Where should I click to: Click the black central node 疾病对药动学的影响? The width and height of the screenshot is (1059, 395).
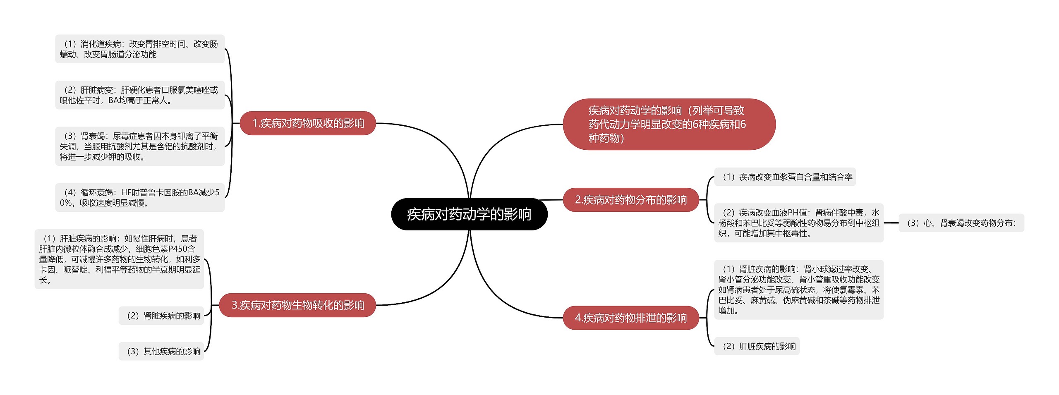(x=469, y=214)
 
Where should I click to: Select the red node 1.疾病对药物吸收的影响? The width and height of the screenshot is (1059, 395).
(x=308, y=123)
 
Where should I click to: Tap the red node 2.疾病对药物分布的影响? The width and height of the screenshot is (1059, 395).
(x=630, y=200)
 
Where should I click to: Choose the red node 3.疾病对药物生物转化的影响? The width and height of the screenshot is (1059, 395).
(x=297, y=305)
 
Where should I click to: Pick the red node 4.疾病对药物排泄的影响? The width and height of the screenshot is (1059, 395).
(x=630, y=318)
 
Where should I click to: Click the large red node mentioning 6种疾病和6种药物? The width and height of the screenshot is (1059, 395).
(x=668, y=124)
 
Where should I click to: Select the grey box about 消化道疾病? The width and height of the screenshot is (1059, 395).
(x=140, y=49)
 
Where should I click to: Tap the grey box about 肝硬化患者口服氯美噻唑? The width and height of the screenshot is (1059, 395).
(x=140, y=95)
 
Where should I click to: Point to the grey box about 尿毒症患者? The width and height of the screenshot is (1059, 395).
(x=140, y=146)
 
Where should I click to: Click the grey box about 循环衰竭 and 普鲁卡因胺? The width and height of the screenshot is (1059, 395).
(x=140, y=197)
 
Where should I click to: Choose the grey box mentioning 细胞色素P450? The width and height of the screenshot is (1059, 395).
(x=119, y=259)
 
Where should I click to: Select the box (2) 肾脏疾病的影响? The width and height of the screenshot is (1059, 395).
(x=161, y=316)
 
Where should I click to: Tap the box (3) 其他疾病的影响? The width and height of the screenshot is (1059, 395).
(x=161, y=351)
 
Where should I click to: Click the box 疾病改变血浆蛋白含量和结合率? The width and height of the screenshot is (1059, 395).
(x=785, y=177)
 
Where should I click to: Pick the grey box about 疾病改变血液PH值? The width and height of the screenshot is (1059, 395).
(x=798, y=223)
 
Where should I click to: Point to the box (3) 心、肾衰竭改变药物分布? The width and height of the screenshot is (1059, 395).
(x=961, y=223)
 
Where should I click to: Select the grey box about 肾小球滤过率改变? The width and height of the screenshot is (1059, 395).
(x=798, y=290)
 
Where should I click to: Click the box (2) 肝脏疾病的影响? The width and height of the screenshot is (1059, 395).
(x=757, y=346)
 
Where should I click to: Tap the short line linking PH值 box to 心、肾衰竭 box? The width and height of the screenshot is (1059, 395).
(x=891, y=223)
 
